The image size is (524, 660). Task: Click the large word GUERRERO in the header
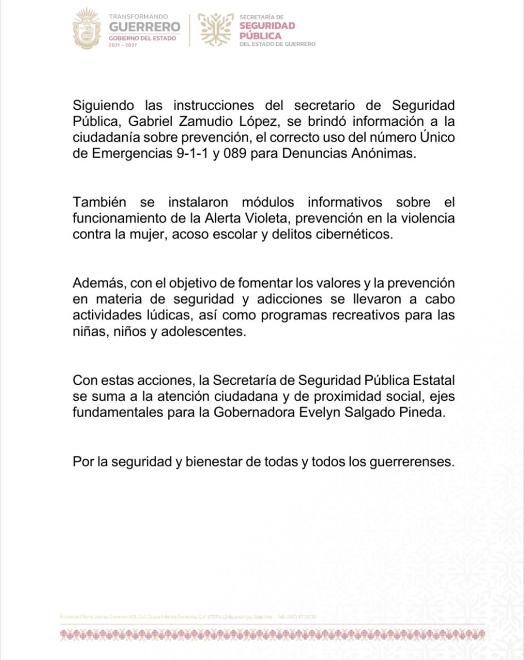point(145,27)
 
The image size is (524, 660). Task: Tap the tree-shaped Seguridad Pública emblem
point(216,29)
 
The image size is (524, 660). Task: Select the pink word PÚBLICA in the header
point(260,36)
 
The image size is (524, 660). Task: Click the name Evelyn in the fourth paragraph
point(319,412)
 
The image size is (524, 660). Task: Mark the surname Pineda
point(422,412)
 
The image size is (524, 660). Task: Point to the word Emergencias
point(131,154)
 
